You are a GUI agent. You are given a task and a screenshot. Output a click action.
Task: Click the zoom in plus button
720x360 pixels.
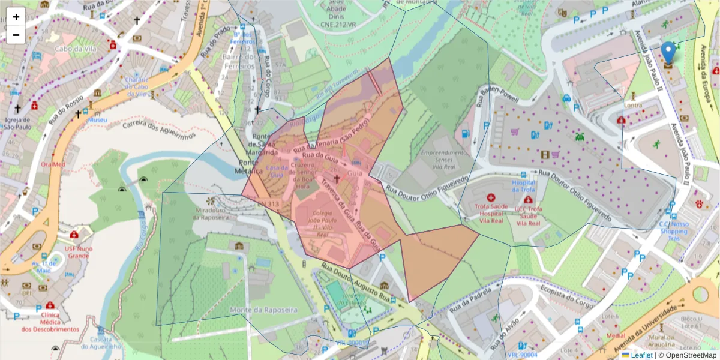point(16,17)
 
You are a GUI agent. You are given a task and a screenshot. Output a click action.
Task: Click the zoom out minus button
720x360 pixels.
point(16,35)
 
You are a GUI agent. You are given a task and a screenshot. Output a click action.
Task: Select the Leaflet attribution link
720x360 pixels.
point(641,355)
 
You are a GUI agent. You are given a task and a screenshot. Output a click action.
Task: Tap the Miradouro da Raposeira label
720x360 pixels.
point(211,214)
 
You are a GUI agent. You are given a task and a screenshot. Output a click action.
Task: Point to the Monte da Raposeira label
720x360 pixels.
point(263,310)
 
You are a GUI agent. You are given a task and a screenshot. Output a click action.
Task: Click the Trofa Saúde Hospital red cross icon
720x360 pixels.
point(491,197)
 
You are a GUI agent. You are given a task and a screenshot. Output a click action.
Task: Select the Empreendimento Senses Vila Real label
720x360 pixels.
point(443,161)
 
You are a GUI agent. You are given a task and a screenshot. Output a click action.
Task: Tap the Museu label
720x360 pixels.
point(97,120)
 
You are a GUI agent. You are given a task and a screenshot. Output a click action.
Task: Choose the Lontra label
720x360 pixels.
point(633,105)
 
